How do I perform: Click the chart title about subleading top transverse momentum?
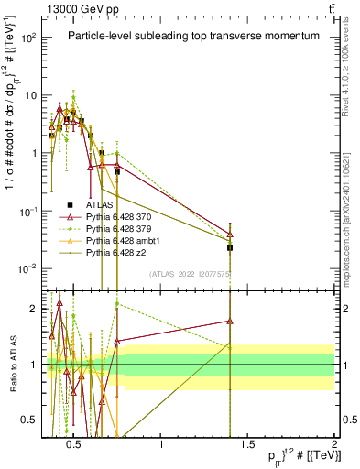[x=193, y=36]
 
